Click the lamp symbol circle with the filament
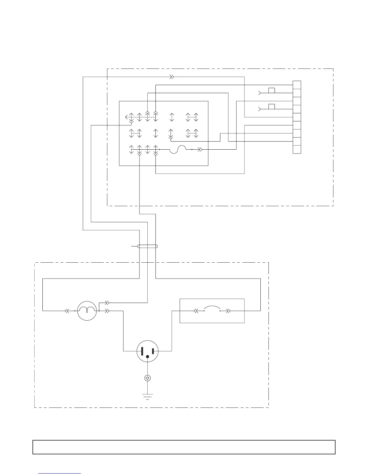(87, 311)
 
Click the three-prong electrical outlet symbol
(147, 351)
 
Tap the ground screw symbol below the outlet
(147, 378)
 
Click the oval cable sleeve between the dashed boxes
(147, 246)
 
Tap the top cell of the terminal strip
(297, 85)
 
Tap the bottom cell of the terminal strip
(297, 149)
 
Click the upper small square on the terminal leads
(271, 90)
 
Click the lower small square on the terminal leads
(271, 106)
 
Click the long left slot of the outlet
(142, 351)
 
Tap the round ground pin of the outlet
(147, 357)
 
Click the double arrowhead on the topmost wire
(172, 77)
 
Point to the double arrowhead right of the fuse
(200, 149)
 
